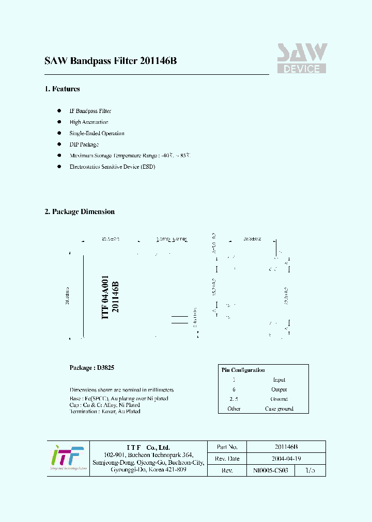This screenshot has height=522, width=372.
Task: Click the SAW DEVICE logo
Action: point(302,58)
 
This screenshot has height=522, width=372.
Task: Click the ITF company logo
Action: point(67,458)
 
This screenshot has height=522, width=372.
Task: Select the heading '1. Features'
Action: point(62,89)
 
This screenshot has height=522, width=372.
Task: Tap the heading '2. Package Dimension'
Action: point(80,211)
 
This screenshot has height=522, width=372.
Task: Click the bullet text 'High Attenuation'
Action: point(89,122)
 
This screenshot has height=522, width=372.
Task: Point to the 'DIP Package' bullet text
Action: point(84,144)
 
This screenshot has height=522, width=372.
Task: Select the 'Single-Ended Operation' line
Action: point(97,133)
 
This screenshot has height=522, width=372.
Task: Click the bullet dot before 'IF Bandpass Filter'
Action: point(59,111)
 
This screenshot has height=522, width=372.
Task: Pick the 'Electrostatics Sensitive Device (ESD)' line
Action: point(112,167)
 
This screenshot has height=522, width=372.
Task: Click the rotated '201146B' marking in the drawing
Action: point(115,298)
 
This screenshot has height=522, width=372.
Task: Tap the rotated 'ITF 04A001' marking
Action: point(105,298)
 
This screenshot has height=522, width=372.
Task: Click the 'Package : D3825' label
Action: point(92,368)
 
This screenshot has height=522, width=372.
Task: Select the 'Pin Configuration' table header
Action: point(243,370)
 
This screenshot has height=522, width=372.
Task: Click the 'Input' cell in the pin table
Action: point(279,380)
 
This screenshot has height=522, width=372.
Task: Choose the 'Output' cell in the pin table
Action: point(279,389)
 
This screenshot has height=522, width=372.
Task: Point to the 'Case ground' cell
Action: point(279,409)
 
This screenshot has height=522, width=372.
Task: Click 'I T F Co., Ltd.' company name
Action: point(148,447)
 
